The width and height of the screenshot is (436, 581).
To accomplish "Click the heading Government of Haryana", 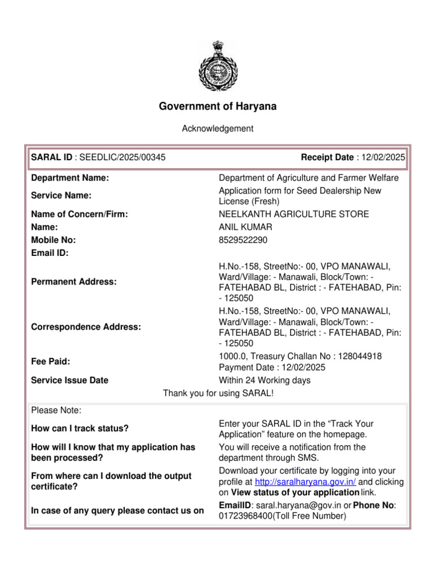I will pos(217,107).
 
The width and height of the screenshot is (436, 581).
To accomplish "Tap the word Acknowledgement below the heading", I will pos(217,129).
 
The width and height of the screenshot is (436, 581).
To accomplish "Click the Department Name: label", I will pos(70,178).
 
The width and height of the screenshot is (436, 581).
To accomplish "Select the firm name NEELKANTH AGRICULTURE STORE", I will pos(294,214).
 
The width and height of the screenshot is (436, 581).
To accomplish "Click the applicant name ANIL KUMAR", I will pos(245,227).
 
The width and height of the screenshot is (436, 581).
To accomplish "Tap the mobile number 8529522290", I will pos(243,240).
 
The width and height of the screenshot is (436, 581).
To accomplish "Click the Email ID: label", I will pos(50,253).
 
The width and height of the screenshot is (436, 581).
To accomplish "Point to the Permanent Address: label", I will pos(74,282).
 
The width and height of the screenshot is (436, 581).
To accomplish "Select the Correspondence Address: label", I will pos(86,327).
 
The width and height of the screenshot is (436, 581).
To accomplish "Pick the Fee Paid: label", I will pos(51,361).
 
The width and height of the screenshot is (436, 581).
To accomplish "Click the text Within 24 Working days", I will pos(265,380).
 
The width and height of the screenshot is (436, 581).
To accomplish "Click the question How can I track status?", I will pos(80,428).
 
